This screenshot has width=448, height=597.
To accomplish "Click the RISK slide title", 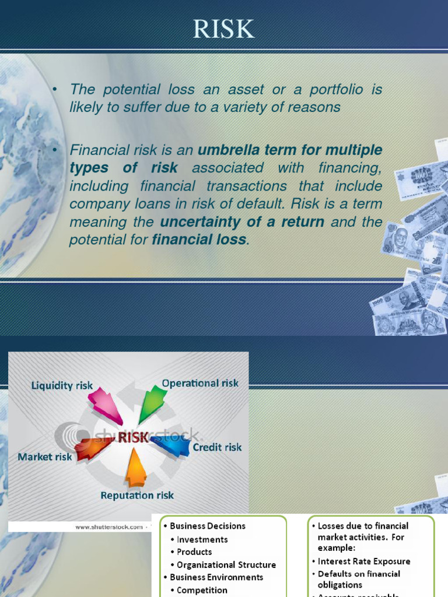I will pyautogui.click(x=224, y=28).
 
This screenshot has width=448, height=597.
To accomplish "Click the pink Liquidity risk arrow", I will pyautogui.click(x=105, y=406).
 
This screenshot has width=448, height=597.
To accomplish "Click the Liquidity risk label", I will pyautogui.click(x=62, y=385).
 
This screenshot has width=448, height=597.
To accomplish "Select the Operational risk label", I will pyautogui.click(x=200, y=383).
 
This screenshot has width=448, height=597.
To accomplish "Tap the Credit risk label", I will pyautogui.click(x=217, y=447).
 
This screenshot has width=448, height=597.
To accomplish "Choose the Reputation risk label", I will pyautogui.click(x=137, y=496).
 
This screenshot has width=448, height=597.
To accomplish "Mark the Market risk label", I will pyautogui.click(x=45, y=456).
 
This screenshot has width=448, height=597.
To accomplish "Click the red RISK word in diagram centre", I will pyautogui.click(x=134, y=437).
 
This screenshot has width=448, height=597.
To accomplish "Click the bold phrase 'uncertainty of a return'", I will pyautogui.click(x=242, y=222).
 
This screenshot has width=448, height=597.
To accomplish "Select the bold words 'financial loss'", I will pyautogui.click(x=199, y=240).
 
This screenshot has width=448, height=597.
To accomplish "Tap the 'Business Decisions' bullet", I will pyautogui.click(x=207, y=526).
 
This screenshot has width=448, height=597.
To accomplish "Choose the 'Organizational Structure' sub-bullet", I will pyautogui.click(x=226, y=564).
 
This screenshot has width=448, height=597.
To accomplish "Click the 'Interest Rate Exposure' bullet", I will pyautogui.click(x=363, y=561).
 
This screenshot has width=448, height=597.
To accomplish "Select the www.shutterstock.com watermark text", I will pyautogui.click(x=109, y=527).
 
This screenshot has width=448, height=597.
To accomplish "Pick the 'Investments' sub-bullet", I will pyautogui.click(x=202, y=539).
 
